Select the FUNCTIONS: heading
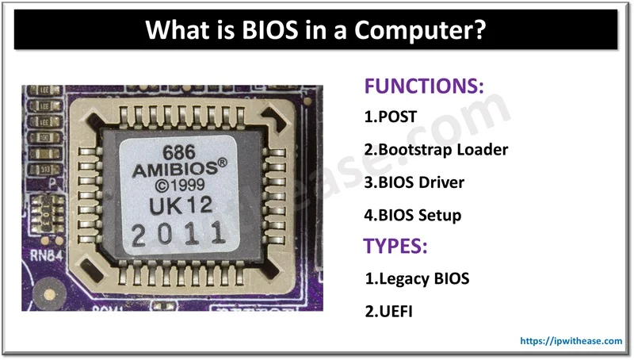pyautogui.click(x=423, y=86)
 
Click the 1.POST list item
pyautogui.click(x=390, y=117)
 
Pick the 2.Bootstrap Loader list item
pyautogui.click(x=436, y=149)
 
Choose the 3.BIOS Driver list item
pyautogui.click(x=414, y=182)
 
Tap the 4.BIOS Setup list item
pyautogui.click(x=412, y=214)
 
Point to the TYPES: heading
pyautogui.click(x=395, y=246)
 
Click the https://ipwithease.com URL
pyautogui.click(x=571, y=341)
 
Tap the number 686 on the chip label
pyautogui.click(x=178, y=151)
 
